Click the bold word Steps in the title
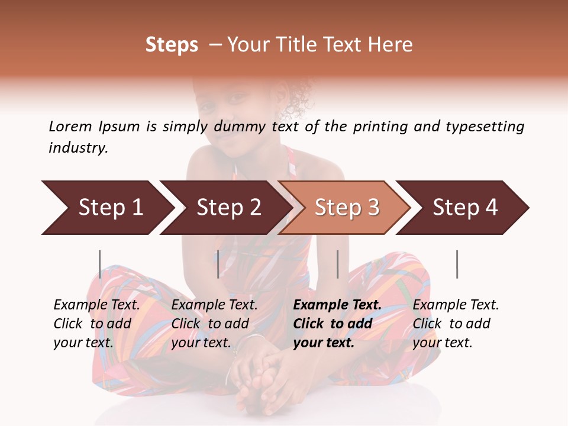coord(172,45)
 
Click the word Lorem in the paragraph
coord(70,126)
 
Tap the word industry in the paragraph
coord(78,147)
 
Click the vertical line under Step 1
coord(100,264)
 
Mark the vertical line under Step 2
coord(218,264)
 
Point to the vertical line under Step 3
coord(338,264)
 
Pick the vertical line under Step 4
coord(457,264)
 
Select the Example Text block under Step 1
coord(96,324)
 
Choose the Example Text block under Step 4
coord(456,324)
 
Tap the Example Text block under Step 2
coord(214,324)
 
